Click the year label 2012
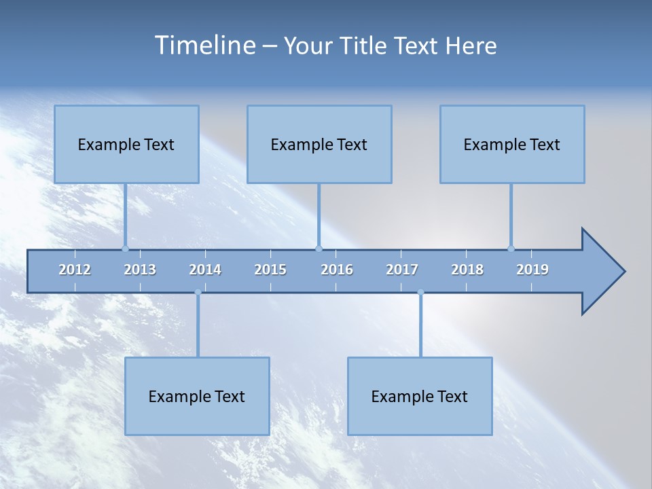click(75, 270)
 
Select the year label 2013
click(140, 270)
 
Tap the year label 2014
click(205, 270)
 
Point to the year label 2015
click(270, 270)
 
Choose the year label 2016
click(337, 270)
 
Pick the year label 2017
click(402, 270)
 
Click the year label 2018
click(467, 270)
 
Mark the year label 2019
click(532, 270)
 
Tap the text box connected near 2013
click(126, 144)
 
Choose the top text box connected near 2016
click(319, 144)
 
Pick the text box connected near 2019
click(512, 144)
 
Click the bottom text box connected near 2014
click(197, 396)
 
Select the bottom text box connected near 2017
click(420, 396)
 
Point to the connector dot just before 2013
click(125, 249)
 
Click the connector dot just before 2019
click(511, 249)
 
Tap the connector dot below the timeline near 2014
click(198, 293)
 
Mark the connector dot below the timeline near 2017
click(420, 293)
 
